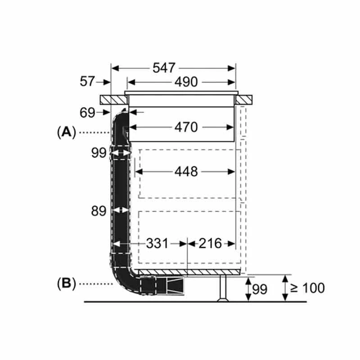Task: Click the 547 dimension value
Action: pyautogui.click(x=164, y=68)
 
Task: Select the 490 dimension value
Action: pyautogui.click(x=186, y=82)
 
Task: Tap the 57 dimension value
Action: pyautogui.click(x=87, y=81)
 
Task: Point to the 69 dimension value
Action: pyautogui.click(x=87, y=113)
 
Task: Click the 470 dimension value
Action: pyautogui.click(x=186, y=127)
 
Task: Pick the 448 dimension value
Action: pyautogui.click(x=186, y=171)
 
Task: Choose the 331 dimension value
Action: pyautogui.click(x=157, y=243)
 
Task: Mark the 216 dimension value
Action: pyautogui.click(x=210, y=243)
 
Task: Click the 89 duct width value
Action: pyautogui.click(x=99, y=211)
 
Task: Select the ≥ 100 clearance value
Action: pyautogui.click(x=307, y=288)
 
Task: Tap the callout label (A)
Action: pyautogui.click(x=66, y=132)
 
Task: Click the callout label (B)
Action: pyautogui.click(x=66, y=284)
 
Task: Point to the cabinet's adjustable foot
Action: pyautogui.click(x=223, y=288)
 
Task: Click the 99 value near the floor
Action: pyautogui.click(x=260, y=289)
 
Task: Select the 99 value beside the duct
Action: pyautogui.click(x=99, y=153)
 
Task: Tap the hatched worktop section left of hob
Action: pyautogui.click(x=114, y=100)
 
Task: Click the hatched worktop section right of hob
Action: pyautogui.click(x=244, y=100)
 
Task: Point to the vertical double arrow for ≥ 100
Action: pyautogui.click(x=285, y=288)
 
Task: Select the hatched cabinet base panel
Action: pyautogui.click(x=189, y=272)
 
